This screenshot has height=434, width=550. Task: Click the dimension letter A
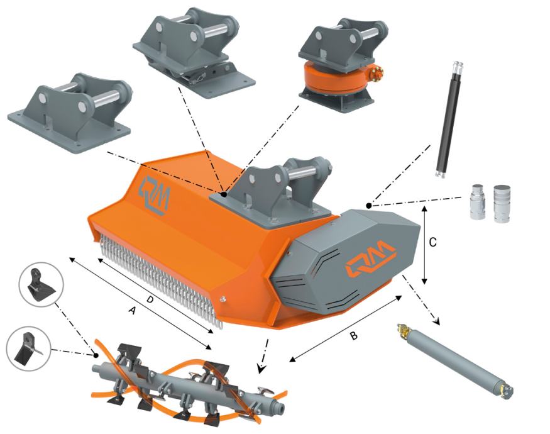[132, 310]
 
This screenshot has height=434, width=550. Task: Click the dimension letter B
[354, 336]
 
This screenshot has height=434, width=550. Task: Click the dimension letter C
[433, 242]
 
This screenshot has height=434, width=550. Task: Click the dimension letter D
[150, 299]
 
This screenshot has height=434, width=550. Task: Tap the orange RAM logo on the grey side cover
[370, 259]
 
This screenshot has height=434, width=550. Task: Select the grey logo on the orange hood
[155, 195]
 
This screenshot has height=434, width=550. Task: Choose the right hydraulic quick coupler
[502, 203]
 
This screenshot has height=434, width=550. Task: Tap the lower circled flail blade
[29, 349]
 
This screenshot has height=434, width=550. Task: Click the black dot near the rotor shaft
[96, 355]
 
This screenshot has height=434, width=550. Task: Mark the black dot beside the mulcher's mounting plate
[224, 194]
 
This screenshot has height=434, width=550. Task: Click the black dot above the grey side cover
[368, 206]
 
